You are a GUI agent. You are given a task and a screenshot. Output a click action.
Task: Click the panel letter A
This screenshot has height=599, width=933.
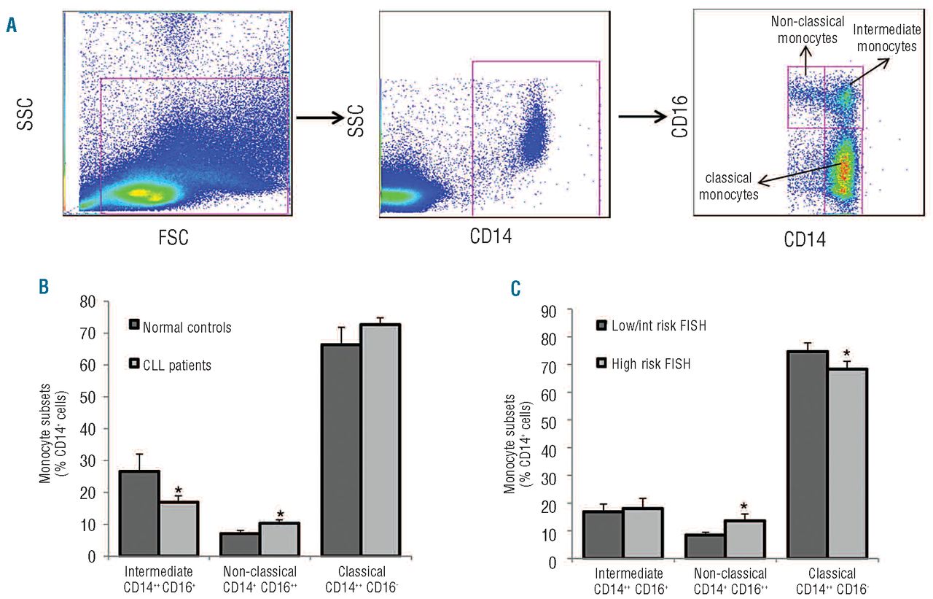11,27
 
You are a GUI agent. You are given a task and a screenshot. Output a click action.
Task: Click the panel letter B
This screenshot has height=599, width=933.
44,286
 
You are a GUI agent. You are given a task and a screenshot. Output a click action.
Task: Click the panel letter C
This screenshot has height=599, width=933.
515,290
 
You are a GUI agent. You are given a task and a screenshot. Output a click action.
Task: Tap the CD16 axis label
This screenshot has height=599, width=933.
676,116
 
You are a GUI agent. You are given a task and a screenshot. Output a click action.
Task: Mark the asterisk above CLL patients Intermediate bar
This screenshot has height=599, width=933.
177,490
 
